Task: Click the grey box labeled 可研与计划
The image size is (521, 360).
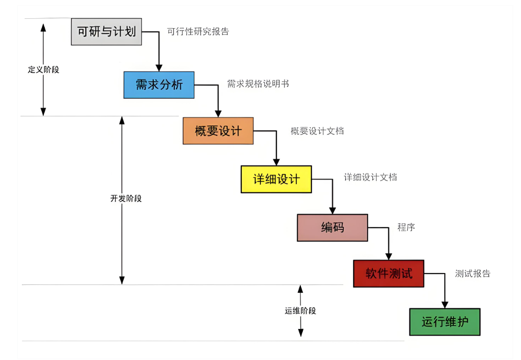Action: pos(106,31)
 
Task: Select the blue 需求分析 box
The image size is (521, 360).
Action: pos(159,85)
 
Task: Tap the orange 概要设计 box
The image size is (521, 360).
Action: pos(218,131)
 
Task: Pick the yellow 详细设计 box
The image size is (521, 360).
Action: pos(276,179)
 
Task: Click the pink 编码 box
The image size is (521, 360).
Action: pos(332,227)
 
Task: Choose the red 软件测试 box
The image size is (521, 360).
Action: pos(388,274)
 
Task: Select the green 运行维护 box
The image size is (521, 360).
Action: pos(444,322)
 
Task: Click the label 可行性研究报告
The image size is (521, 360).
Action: pos(198,32)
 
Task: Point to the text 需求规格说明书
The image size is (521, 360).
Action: pos(258,84)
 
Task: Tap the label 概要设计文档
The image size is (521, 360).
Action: pos(317,131)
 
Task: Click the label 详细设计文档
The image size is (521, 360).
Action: pos(370,177)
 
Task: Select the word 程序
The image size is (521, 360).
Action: pos(406,227)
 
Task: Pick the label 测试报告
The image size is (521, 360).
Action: pos(473,274)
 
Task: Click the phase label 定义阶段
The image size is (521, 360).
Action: pos(43,70)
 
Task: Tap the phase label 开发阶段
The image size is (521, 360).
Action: pos(126,198)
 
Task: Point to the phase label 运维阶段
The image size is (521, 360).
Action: pos(300,311)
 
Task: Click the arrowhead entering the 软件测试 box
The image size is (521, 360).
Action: pos(388,256)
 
